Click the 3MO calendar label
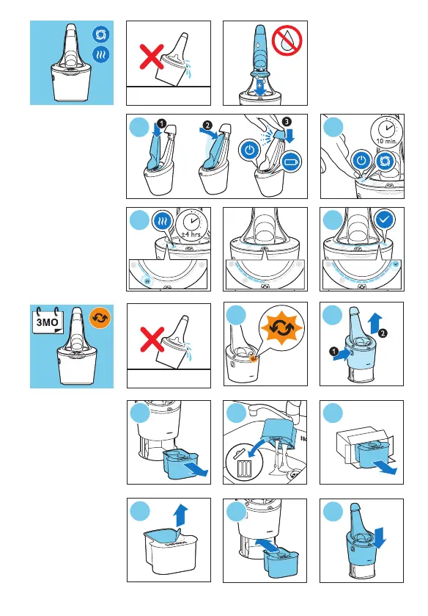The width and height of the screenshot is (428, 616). pyautogui.click(x=47, y=322)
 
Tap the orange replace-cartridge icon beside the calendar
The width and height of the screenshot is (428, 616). pyautogui.click(x=100, y=319)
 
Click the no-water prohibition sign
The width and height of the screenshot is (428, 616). pyautogui.click(x=287, y=40)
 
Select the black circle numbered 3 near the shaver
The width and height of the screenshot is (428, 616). pyautogui.click(x=287, y=121)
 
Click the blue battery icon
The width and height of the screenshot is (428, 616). pyautogui.click(x=292, y=162)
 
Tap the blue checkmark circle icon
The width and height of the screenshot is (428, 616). pyautogui.click(x=384, y=220)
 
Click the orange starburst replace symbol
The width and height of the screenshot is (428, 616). pyautogui.click(x=281, y=328)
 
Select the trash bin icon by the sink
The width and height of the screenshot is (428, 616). pyautogui.click(x=244, y=463)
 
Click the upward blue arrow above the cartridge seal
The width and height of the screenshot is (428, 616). pyautogui.click(x=181, y=515)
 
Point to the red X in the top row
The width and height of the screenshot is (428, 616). pyautogui.click(x=152, y=57)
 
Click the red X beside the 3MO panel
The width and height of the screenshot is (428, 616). pyautogui.click(x=152, y=339)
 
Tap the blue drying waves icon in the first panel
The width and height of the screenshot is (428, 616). pyautogui.click(x=101, y=54)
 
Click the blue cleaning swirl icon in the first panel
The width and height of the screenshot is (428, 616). pyautogui.click(x=101, y=35)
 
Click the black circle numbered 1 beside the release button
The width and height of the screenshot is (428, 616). pyautogui.click(x=334, y=351)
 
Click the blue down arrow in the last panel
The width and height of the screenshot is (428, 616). pyautogui.click(x=380, y=537)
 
